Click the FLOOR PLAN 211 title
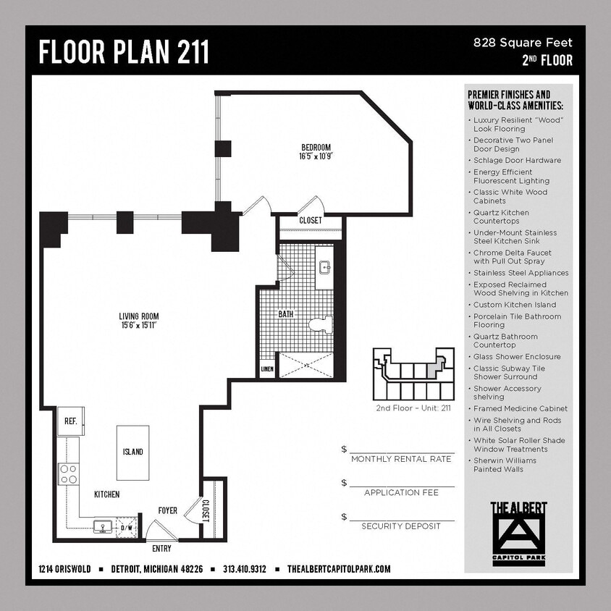pyautogui.click(x=124, y=52)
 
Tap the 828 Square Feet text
pyautogui.click(x=523, y=43)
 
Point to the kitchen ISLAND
pyautogui.click(x=132, y=452)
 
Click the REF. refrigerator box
pyautogui.click(x=71, y=421)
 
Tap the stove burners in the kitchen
pyautogui.click(x=69, y=474)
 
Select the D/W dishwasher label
pyautogui.click(x=126, y=528)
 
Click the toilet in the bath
pyautogui.click(x=320, y=325)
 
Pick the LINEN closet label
pyautogui.click(x=266, y=370)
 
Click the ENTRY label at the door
pyautogui.click(x=162, y=548)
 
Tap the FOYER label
pyautogui.click(x=168, y=511)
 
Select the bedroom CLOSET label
pyautogui.click(x=311, y=220)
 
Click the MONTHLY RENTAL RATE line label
pyautogui.click(x=402, y=459)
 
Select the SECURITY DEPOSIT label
pyautogui.click(x=401, y=526)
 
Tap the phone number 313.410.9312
pyautogui.click(x=245, y=569)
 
